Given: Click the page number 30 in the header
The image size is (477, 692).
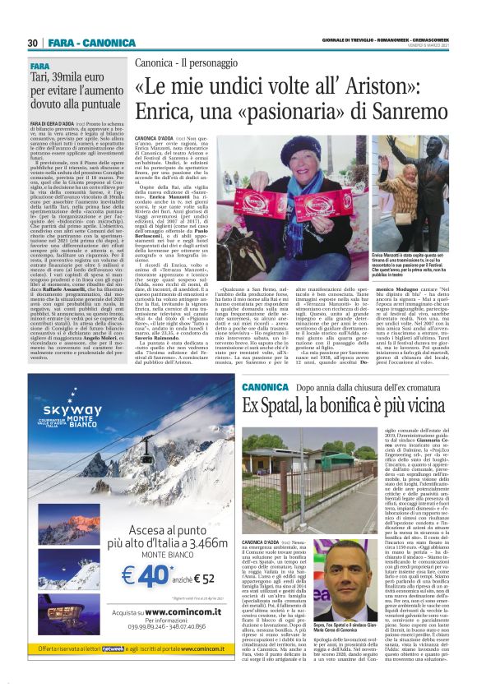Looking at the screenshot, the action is pos(33,43).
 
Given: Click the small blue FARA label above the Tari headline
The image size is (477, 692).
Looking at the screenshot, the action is pos(40,65).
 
